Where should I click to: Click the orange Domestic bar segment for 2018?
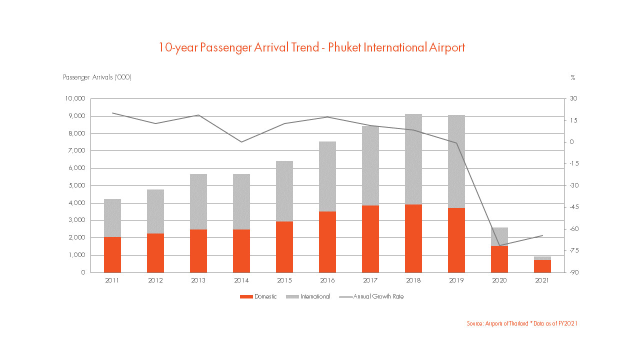[x=413, y=238]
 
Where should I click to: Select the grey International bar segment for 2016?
[x=327, y=176]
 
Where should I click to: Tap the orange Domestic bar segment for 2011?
[x=112, y=254]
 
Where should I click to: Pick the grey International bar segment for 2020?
[x=499, y=236]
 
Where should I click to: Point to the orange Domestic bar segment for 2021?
[x=542, y=266]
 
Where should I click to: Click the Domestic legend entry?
[x=258, y=296]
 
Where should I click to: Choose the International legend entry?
[x=308, y=296]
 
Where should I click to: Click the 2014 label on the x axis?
[x=241, y=280]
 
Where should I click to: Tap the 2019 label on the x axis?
[x=456, y=280]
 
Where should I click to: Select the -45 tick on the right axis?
[x=571, y=207]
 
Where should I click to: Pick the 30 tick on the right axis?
[x=573, y=98]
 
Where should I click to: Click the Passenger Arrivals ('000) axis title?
[x=97, y=77]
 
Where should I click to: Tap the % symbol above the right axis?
[x=572, y=77]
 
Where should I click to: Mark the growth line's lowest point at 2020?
[x=499, y=245]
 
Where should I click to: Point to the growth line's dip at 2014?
[x=241, y=142]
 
